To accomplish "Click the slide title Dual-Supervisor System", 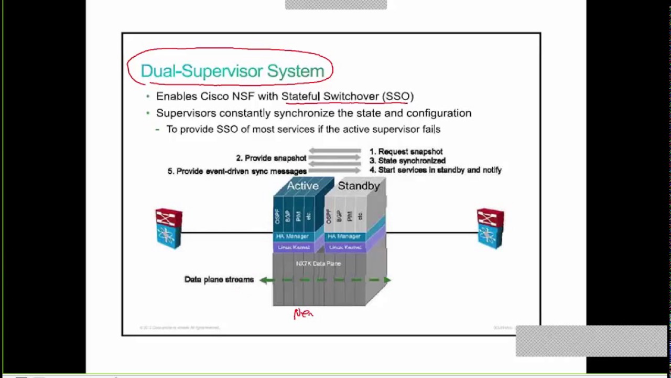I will [232, 71].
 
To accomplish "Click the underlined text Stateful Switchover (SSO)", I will [347, 96].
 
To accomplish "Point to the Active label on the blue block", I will [302, 186].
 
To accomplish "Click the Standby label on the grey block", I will [359, 186].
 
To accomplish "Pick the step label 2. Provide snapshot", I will [271, 158].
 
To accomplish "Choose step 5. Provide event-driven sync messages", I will [237, 171].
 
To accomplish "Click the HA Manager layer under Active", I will [293, 237].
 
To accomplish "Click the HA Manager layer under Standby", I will [344, 237].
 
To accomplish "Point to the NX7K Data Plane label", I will [318, 264].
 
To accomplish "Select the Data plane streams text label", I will [219, 279].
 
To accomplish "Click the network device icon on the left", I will [169, 228].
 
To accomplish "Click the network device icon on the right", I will [490, 228].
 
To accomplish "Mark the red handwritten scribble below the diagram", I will [303, 313].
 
